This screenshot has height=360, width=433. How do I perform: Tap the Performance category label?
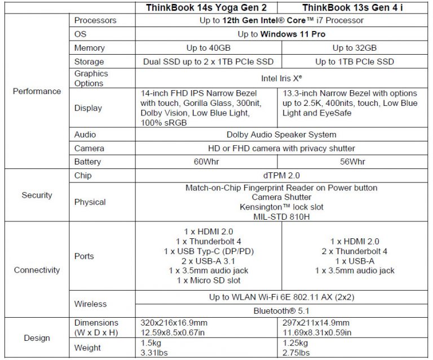tap(37, 91)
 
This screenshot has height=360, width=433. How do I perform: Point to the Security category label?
tap(37, 195)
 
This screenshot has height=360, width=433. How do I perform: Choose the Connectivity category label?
tap(37, 270)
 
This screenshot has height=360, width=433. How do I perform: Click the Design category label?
tap(37, 338)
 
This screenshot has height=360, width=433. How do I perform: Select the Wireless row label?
tap(90, 304)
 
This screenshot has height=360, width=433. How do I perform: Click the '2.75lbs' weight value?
tap(295, 353)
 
